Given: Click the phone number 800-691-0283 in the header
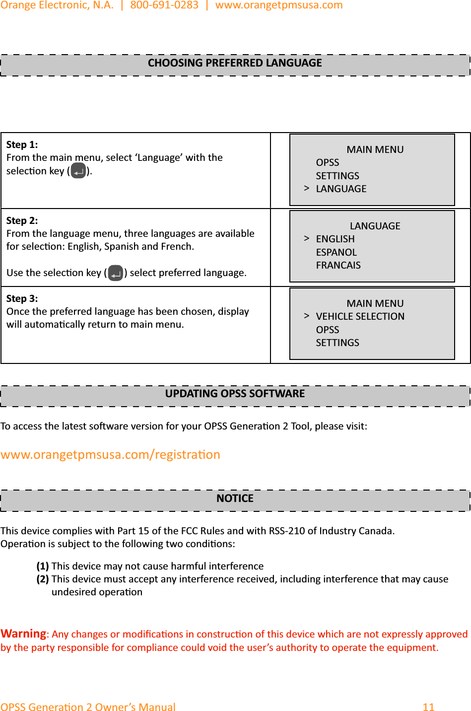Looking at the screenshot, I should click(x=164, y=5).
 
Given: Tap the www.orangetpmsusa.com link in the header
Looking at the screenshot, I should click(x=279, y=5).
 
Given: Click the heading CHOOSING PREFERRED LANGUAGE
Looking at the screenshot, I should click(x=235, y=63).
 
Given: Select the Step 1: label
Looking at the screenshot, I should click(x=22, y=144).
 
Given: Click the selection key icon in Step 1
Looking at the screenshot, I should click(x=78, y=171).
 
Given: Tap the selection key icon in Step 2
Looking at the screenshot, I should click(x=115, y=273).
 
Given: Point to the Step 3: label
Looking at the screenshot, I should click(x=22, y=298).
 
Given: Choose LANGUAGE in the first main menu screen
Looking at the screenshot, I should click(x=341, y=189).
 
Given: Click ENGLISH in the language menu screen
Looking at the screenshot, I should click(x=335, y=239).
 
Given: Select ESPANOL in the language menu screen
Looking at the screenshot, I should click(x=336, y=252).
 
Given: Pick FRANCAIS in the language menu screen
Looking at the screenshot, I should click(x=338, y=265).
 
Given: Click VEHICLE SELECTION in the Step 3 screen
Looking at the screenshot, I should click(x=360, y=316).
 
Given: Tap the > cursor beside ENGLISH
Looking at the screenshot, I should click(x=307, y=238).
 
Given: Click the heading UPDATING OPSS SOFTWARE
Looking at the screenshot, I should click(x=235, y=394).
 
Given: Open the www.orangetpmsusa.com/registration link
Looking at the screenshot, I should click(x=110, y=454).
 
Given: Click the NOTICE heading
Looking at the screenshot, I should click(x=235, y=498).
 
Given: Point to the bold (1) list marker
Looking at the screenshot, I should click(x=43, y=566).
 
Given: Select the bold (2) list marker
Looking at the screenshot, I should click(x=43, y=579).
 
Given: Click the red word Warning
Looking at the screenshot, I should click(x=23, y=634).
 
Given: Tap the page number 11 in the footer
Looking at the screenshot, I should click(x=428, y=707).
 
